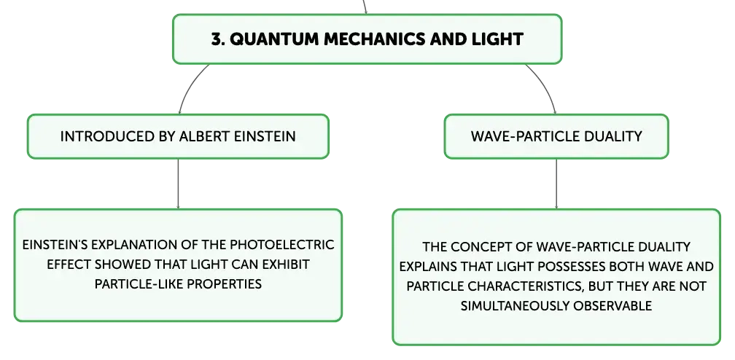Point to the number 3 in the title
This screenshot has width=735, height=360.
216,39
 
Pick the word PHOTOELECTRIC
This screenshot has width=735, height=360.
281,245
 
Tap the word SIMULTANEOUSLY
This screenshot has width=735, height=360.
515,305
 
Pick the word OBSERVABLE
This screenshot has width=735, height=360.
612,305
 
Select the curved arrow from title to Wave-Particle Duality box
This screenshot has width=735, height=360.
545,86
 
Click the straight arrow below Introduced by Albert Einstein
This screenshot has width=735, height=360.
178,184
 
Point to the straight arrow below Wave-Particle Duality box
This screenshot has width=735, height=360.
556,184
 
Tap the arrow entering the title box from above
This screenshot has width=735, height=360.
365,7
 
